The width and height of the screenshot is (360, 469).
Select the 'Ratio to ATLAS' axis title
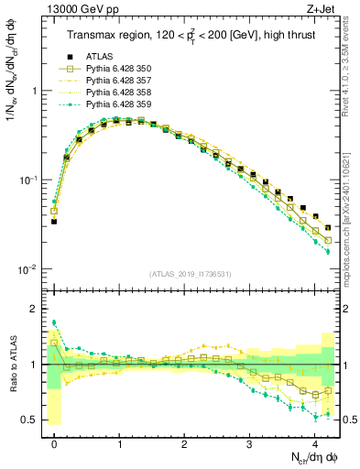click(x=12, y=365)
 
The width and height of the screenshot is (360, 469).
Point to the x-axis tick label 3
click(x=249, y=441)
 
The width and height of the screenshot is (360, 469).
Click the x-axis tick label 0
click(x=54, y=441)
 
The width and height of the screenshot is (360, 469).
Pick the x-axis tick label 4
click(x=314, y=441)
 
